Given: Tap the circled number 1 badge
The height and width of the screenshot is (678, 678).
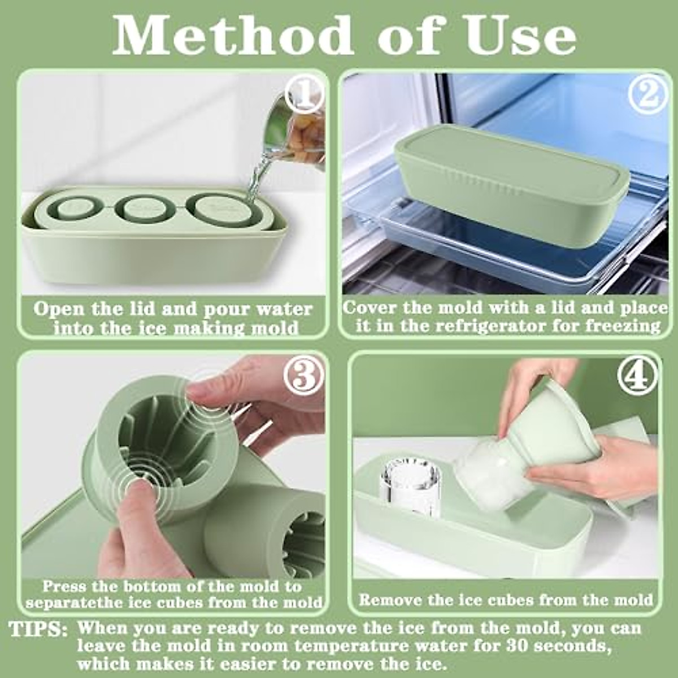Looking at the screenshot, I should point(305,95).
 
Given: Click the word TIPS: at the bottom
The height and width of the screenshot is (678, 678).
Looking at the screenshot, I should point(38,629).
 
